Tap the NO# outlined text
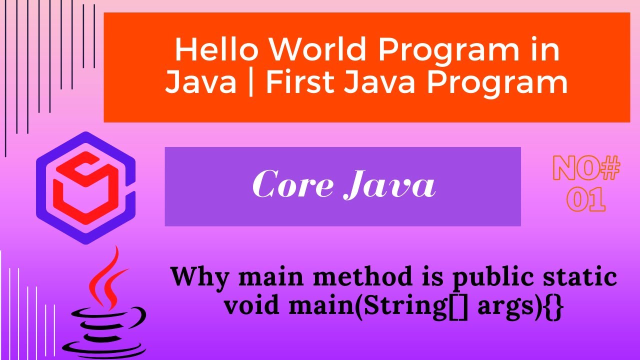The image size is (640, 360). (586, 169)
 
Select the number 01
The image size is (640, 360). (586, 198)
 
